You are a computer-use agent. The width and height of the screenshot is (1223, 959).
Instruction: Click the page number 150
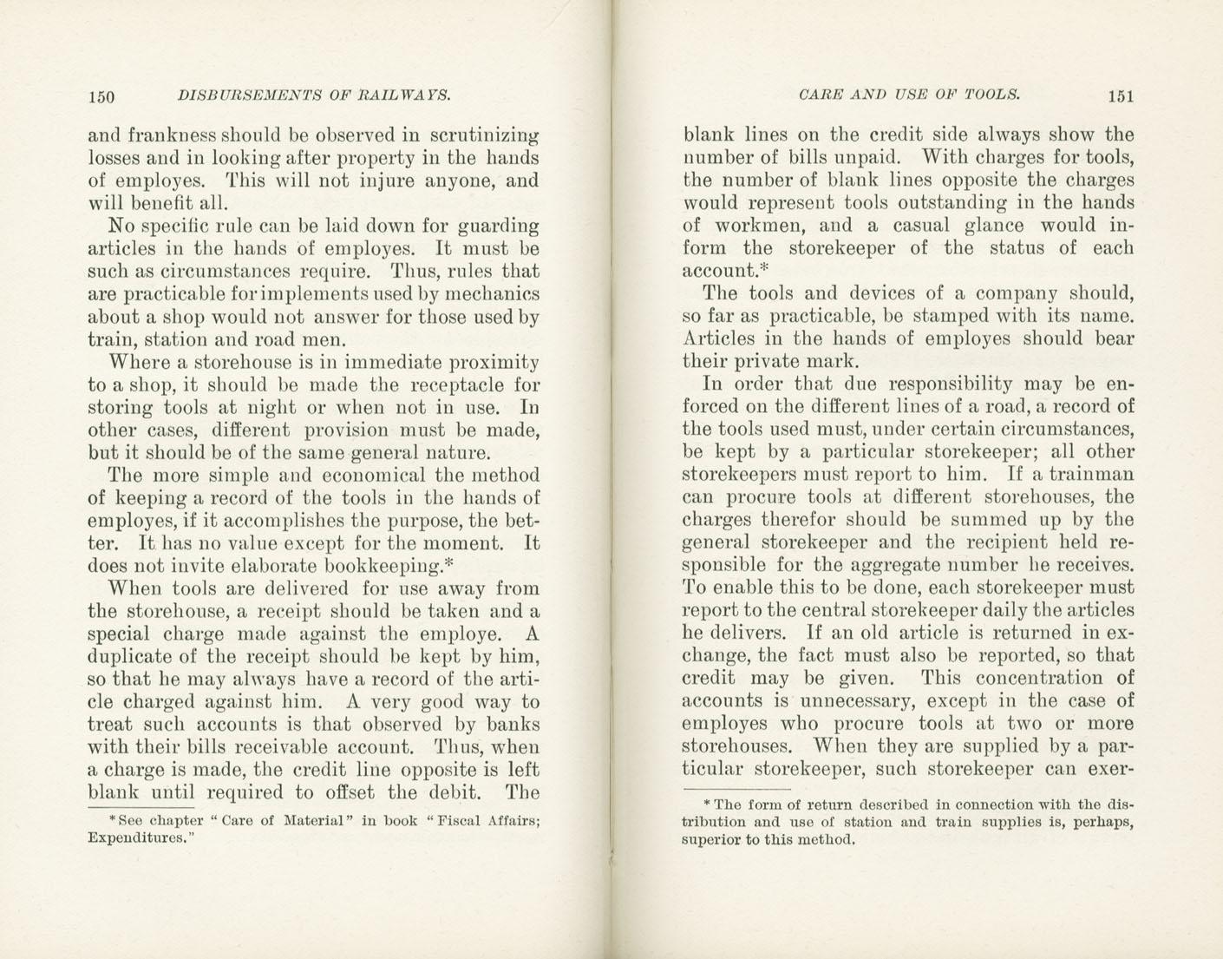tap(101, 96)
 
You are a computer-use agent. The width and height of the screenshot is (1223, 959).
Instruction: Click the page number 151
tap(1120, 96)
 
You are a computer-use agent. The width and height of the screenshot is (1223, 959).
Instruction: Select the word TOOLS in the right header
tap(987, 95)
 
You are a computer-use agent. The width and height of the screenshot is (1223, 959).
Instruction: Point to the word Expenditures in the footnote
tap(137, 838)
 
